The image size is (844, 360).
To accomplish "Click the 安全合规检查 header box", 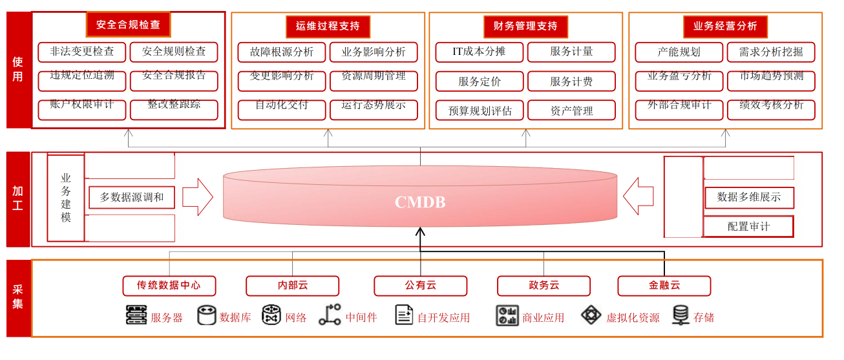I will click(128, 25).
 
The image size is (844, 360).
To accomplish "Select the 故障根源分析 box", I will click(282, 52).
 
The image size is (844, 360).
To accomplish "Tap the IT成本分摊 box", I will click(479, 52).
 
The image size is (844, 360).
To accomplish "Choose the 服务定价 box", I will click(479, 81).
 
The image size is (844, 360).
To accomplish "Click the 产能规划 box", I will click(679, 52).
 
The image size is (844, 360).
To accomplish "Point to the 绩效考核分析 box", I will click(771, 105).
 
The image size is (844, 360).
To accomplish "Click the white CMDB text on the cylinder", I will click(420, 202).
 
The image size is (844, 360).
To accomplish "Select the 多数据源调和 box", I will click(132, 197).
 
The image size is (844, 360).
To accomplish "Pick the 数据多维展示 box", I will click(748, 197).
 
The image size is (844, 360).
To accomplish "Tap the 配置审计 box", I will click(748, 227).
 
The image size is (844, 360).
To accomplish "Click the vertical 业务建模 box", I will click(66, 198).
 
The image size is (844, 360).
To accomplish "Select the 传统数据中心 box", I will click(169, 285).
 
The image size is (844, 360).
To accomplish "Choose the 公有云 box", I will click(420, 285).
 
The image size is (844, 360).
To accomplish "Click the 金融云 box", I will click(664, 285).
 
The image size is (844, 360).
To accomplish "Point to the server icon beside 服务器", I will click(136, 315).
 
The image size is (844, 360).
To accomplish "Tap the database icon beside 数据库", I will click(206, 315).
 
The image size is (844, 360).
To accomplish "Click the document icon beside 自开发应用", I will click(404, 315).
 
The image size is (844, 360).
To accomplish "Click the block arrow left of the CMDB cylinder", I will click(197, 197).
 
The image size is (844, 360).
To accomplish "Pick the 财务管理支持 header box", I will click(525, 26).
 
